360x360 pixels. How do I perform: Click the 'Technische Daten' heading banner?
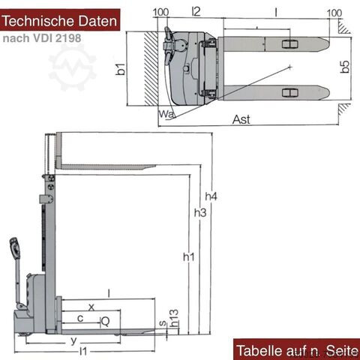click(x=60, y=20)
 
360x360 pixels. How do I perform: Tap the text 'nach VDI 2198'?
click(x=42, y=38)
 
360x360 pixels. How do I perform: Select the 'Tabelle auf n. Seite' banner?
click(x=297, y=349)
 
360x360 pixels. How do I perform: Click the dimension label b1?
click(x=121, y=69)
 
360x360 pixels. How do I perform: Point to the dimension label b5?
click(x=345, y=67)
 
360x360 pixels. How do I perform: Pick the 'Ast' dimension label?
click(x=241, y=119)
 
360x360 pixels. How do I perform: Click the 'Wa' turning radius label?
click(x=166, y=114)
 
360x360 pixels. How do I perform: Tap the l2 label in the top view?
click(x=196, y=11)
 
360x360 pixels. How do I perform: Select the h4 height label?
click(x=211, y=196)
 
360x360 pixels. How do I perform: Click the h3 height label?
click(x=200, y=213)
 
